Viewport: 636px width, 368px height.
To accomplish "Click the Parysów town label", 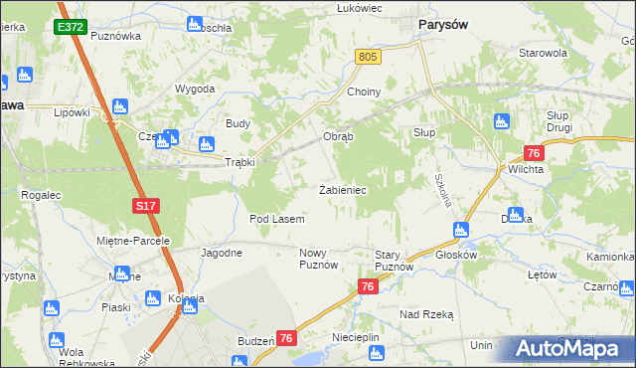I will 443,26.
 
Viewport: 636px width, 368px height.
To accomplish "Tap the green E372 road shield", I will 70,27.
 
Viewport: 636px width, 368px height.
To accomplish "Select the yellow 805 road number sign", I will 368,59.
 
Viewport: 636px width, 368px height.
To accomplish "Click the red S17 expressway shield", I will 146,206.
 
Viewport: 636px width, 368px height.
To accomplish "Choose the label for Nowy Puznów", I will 319,260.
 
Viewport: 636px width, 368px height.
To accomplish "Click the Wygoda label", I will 195,89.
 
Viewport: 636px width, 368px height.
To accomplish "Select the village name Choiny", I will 364,92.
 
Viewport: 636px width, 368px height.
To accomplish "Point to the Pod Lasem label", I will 276,218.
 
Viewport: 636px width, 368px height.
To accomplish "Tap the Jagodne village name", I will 222,253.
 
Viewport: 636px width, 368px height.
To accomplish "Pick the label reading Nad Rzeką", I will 426,313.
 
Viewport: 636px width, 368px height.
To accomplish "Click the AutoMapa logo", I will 565,349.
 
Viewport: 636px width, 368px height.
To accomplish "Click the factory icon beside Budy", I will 207,142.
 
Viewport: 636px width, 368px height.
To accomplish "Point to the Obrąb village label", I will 338,136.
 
